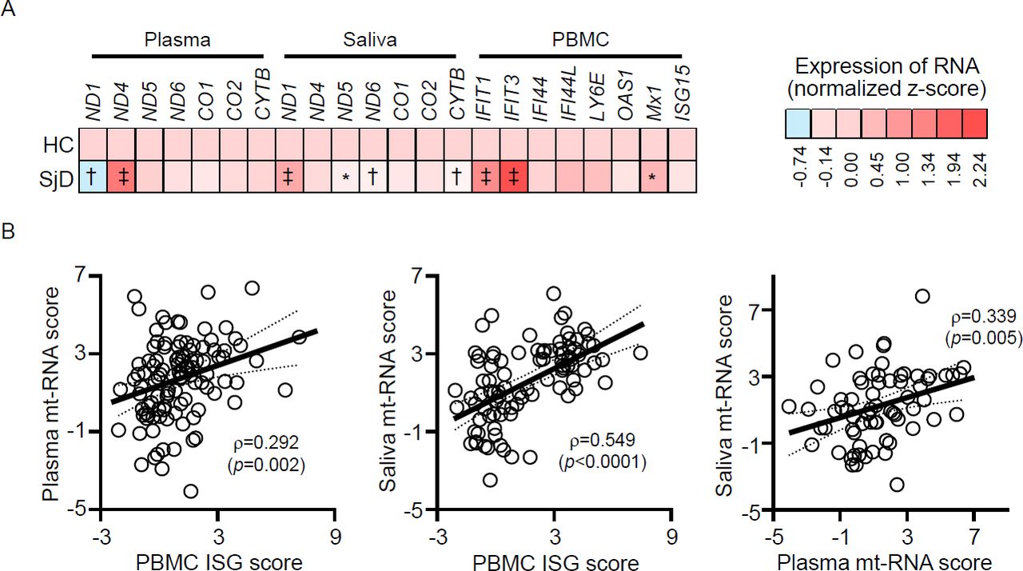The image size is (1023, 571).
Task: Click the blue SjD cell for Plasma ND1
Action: (x=94, y=177)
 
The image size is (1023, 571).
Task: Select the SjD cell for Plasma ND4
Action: (x=121, y=177)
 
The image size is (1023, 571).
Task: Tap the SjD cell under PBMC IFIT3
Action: (x=514, y=177)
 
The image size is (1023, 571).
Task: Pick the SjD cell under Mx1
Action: (x=654, y=177)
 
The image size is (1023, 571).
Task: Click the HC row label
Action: (x=58, y=146)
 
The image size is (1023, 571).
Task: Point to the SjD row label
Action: (x=56, y=179)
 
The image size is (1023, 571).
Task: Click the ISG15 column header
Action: (x=683, y=94)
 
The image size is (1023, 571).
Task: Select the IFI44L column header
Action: (x=570, y=94)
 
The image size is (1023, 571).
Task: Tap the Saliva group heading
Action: (x=370, y=40)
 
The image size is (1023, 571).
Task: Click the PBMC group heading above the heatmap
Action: (x=580, y=40)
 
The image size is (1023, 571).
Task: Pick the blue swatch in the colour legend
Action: (x=798, y=123)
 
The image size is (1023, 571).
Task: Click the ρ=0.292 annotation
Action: (x=266, y=442)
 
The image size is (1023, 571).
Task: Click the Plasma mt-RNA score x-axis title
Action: (x=884, y=561)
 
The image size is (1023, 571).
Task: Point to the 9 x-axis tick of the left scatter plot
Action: (x=336, y=537)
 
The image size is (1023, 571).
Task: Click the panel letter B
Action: (x=8, y=231)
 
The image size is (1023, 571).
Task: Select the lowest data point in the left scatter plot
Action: (x=190, y=491)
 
